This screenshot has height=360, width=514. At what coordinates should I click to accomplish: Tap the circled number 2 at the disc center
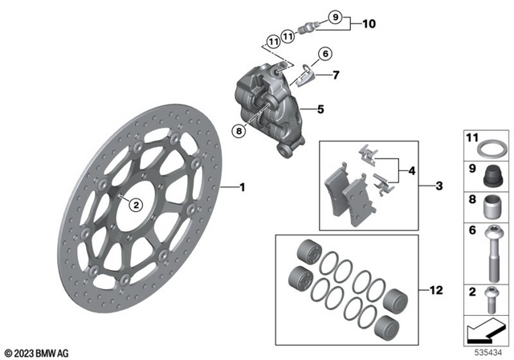(137, 204)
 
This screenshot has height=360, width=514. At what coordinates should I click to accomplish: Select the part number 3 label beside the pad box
(439, 186)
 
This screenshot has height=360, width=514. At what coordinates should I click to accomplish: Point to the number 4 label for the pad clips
(411, 170)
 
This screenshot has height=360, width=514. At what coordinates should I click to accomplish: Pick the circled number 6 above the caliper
(324, 55)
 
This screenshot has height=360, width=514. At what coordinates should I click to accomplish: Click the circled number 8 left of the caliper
(238, 132)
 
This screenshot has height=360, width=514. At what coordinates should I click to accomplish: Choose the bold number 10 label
(369, 24)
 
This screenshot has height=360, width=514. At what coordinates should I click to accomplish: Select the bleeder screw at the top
(306, 28)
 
